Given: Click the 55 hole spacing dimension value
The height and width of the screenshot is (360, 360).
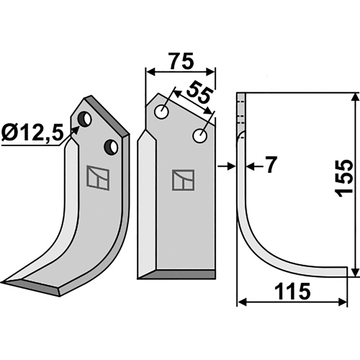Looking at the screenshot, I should click(x=199, y=92).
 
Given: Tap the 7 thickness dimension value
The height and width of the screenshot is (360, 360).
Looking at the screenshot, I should click(x=269, y=166).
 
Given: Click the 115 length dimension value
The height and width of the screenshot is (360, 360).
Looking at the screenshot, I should click(x=292, y=292).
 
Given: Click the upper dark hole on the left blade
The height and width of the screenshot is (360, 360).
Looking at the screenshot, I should click(x=84, y=119).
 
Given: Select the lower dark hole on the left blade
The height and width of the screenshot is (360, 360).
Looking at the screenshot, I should click(x=111, y=146).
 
